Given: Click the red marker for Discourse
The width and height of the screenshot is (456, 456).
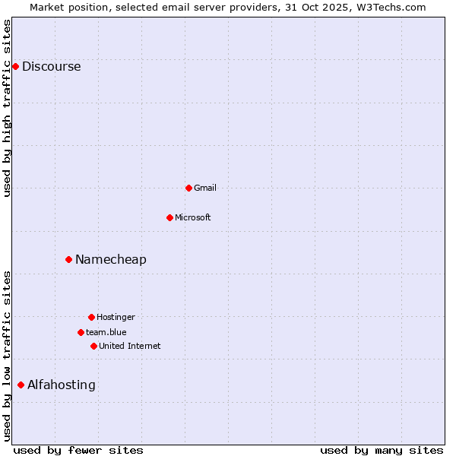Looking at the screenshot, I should pyautogui.click(x=15, y=66).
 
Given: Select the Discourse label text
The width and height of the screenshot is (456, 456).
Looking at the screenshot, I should pyautogui.click(x=51, y=66).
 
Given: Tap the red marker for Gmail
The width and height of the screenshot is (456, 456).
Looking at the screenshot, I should pyautogui.click(x=188, y=188).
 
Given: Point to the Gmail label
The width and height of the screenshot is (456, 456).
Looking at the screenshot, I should pyautogui.click(x=205, y=188).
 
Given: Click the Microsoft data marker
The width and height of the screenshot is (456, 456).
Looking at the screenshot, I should pyautogui.click(x=169, y=217).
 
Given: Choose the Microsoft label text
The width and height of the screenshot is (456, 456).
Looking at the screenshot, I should pyautogui.click(x=193, y=217).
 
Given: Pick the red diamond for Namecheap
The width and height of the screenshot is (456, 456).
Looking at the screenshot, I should pyautogui.click(x=68, y=259).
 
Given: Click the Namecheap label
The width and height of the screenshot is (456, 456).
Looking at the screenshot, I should pyautogui.click(x=111, y=259).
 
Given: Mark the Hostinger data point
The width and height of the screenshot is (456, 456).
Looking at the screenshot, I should pyautogui.click(x=91, y=317).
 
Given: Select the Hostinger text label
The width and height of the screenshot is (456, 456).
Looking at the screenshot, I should pyautogui.click(x=116, y=317).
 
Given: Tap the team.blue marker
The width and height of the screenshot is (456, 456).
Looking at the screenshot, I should pyautogui.click(x=81, y=332).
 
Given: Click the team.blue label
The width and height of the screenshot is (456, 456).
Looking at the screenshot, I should pyautogui.click(x=106, y=332).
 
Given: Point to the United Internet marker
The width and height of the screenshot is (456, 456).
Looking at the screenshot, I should pyautogui.click(x=93, y=346).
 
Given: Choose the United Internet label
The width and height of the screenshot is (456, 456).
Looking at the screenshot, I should pyautogui.click(x=130, y=346).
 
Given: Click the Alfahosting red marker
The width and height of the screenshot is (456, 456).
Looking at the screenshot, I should pyautogui.click(x=21, y=385).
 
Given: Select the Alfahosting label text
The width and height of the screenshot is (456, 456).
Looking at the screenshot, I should pyautogui.click(x=62, y=385).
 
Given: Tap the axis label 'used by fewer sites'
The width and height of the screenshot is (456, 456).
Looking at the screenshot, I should pyautogui.click(x=78, y=450).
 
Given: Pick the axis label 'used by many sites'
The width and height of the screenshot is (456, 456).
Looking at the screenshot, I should pyautogui.click(x=382, y=450).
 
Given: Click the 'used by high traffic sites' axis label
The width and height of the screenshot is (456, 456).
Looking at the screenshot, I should pyautogui.click(x=7, y=108).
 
